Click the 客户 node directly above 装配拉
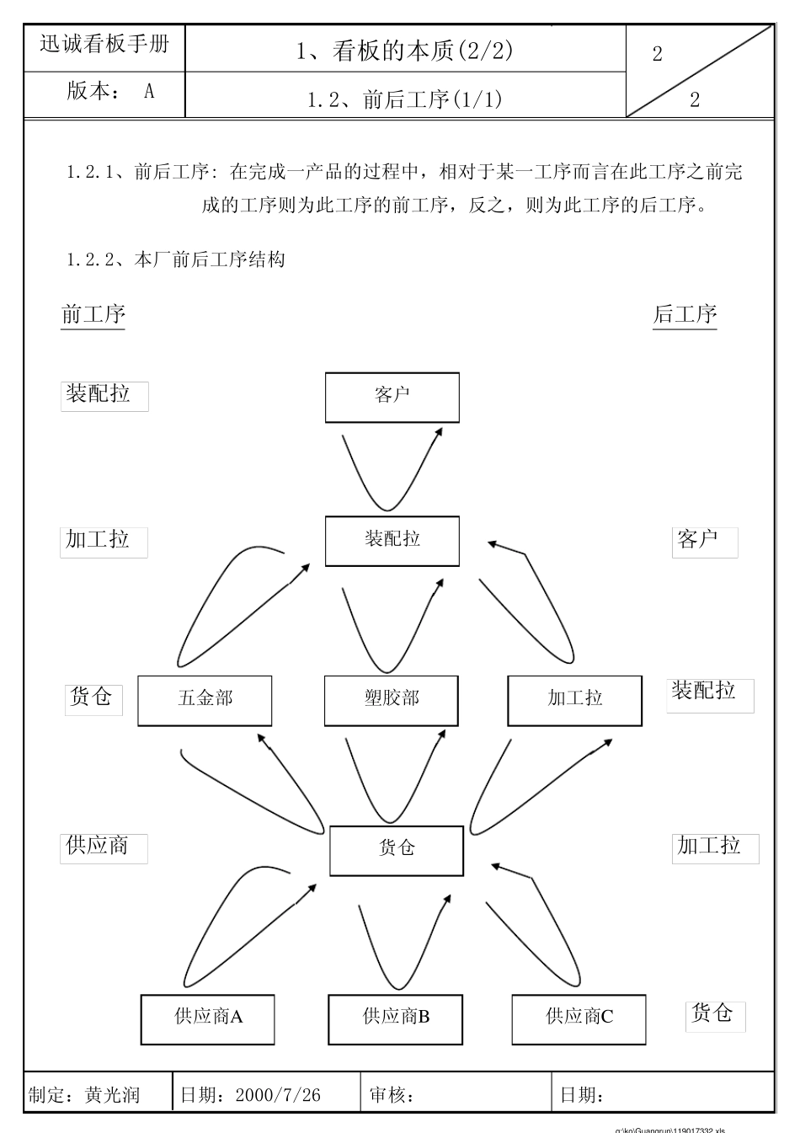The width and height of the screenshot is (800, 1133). [392, 397]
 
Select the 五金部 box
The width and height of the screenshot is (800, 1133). [205, 700]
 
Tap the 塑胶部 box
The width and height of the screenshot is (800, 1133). [392, 700]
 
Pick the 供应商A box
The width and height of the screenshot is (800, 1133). [208, 1018]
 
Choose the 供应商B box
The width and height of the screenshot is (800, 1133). [396, 1018]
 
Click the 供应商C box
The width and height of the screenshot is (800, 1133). [579, 1018]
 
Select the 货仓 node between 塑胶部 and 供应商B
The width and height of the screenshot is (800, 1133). [396, 850]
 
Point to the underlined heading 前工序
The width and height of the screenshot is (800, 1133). [93, 315]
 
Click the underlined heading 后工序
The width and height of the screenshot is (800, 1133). [685, 315]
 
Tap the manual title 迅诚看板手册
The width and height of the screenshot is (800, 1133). [104, 44]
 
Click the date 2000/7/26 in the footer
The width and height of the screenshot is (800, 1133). [278, 1095]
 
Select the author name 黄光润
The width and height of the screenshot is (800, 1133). [112, 1095]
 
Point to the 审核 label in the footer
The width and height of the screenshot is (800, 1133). [391, 1095]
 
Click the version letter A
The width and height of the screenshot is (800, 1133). [149, 91]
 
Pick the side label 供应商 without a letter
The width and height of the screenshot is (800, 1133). [98, 846]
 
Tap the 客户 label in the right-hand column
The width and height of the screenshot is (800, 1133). [698, 540]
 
